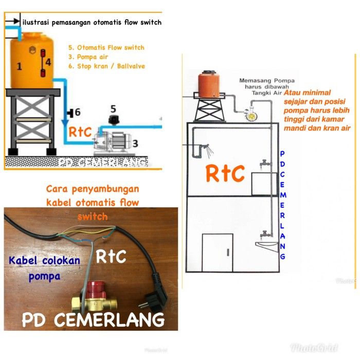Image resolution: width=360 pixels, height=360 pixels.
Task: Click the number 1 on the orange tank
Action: point(20,66)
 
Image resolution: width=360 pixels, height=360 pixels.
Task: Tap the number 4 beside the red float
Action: point(48,62)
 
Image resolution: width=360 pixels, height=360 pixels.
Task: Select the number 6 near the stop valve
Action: point(78,112)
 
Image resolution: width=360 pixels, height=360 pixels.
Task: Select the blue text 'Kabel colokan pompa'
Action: point(44,268)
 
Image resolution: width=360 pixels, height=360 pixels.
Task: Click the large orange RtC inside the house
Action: point(225,174)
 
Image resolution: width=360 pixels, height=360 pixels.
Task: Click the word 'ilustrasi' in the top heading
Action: point(38,22)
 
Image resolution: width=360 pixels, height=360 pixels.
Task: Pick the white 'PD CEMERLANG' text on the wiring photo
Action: point(93,320)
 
